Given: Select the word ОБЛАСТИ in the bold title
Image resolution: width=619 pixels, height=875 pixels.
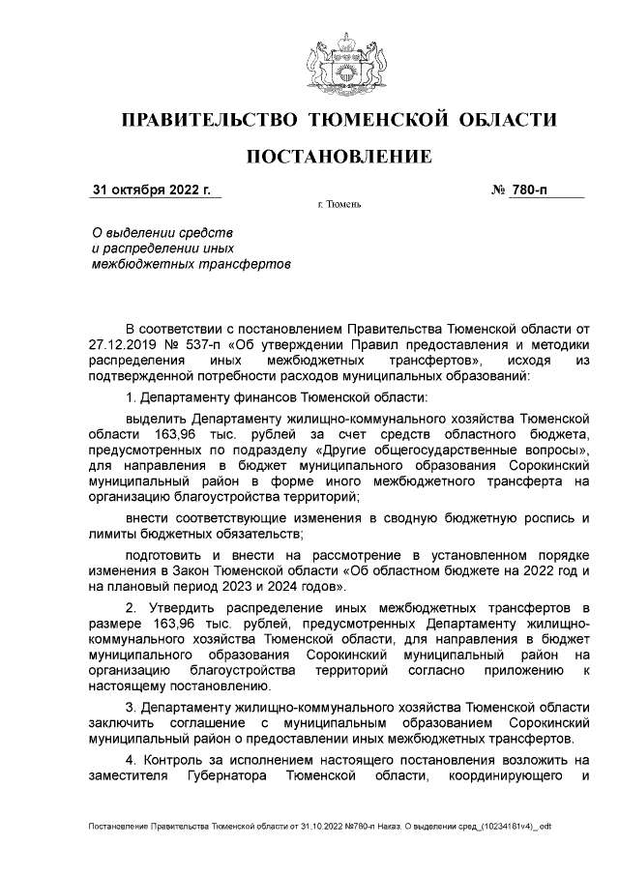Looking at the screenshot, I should pos(508,120).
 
